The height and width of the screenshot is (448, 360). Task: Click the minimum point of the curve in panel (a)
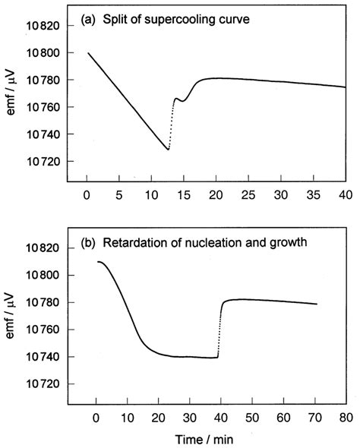[168, 150]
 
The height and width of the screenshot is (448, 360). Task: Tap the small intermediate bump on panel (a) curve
[177, 99]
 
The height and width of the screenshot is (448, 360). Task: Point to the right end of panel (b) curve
[316, 304]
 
